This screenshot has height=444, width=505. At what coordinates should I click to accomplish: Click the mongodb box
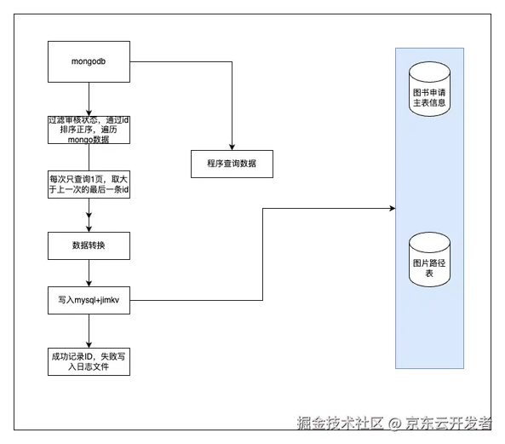tap(89, 61)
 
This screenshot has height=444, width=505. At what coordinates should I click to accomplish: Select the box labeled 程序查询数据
tap(232, 164)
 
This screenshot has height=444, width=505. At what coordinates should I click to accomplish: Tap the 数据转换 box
tap(89, 245)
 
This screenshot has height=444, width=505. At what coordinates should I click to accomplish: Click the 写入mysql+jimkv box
tap(89, 300)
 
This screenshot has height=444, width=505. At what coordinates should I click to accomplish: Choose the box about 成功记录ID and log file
tap(89, 361)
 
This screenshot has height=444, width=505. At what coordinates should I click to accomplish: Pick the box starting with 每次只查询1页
tap(89, 184)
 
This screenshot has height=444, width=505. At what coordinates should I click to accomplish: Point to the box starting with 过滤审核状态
tap(89, 130)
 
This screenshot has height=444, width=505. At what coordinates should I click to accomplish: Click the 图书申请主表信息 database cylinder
tap(429, 89)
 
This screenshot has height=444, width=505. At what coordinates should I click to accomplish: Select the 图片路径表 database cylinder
tap(429, 259)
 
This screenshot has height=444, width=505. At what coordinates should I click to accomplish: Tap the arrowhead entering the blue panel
tap(393, 209)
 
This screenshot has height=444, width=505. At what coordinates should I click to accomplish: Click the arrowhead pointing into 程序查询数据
tap(232, 147)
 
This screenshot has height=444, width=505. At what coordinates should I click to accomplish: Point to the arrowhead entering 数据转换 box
tap(89, 228)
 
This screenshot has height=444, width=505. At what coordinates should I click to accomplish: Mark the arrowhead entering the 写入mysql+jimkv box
tap(89, 283)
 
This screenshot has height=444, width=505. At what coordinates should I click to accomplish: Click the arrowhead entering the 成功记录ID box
tap(89, 344)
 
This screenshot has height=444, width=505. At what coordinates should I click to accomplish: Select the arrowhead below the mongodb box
tap(89, 112)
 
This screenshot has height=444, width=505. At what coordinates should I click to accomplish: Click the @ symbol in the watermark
tap(394, 424)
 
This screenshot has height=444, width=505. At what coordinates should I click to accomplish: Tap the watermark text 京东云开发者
tap(448, 423)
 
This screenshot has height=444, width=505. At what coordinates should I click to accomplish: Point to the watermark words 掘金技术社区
tap(341, 423)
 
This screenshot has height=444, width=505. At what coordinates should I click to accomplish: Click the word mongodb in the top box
tap(89, 61)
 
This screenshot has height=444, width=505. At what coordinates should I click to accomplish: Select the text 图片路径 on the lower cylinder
tap(429, 263)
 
